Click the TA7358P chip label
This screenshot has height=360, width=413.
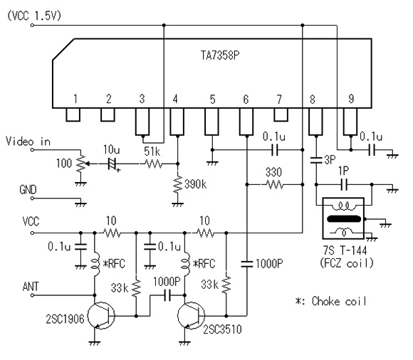coord(220,55)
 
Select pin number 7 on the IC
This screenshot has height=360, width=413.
coord(279,99)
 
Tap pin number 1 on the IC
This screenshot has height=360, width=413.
coord(75,99)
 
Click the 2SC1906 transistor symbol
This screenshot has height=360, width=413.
coord(101,315)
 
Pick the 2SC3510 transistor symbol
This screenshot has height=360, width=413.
coord(192,315)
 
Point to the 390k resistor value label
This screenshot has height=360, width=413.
coord(195,184)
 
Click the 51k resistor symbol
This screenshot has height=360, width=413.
coord(153,164)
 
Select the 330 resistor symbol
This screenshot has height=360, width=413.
coord(275,184)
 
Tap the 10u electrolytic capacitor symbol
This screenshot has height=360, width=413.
coord(113,164)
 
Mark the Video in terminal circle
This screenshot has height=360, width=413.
coord(32,149)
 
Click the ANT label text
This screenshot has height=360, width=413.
coord(31,286)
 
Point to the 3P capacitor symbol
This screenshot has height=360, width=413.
coord(316,160)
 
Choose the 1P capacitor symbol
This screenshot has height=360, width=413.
coord(344,184)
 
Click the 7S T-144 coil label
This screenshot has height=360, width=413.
coord(345,250)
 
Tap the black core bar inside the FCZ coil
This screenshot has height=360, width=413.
coord(344,218)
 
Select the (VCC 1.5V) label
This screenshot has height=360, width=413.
coord(34,16)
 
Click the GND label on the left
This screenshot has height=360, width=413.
coord(28,189)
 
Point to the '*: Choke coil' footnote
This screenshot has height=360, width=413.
coord(331,301)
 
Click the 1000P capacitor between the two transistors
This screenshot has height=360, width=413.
coord(167,295)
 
